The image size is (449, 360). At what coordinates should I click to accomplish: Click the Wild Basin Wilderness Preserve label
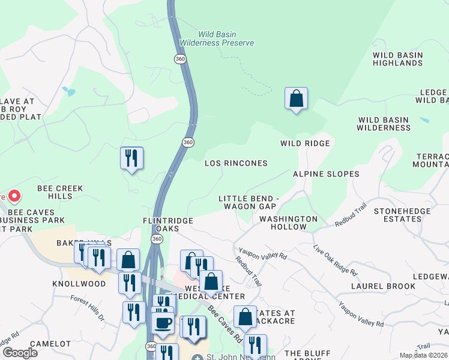click(x=226, y=38)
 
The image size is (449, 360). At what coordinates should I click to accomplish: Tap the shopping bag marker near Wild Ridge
click(x=296, y=98)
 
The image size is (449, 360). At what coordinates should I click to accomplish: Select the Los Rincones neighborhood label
click(x=236, y=163)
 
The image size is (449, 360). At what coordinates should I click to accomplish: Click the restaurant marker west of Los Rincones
click(x=131, y=158)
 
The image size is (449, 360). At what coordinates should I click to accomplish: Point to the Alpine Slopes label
click(x=326, y=174)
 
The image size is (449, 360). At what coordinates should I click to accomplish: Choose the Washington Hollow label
click(x=288, y=223)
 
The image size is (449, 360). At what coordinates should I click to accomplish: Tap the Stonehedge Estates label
click(x=402, y=215)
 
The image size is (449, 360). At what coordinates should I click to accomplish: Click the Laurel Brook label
click(x=383, y=286)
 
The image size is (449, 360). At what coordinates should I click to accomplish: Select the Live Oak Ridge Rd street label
click(x=335, y=260)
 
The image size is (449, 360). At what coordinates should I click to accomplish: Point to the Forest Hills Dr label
click(x=88, y=308)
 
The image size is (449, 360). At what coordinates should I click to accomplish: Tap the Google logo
click(x=20, y=353)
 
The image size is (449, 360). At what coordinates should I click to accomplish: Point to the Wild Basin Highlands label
click(x=398, y=59)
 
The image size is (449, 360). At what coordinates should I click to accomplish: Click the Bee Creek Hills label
click(x=60, y=192)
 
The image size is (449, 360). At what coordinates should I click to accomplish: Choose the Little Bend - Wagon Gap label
click(x=249, y=202)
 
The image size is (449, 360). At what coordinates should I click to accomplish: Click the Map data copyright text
click(x=424, y=355)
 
